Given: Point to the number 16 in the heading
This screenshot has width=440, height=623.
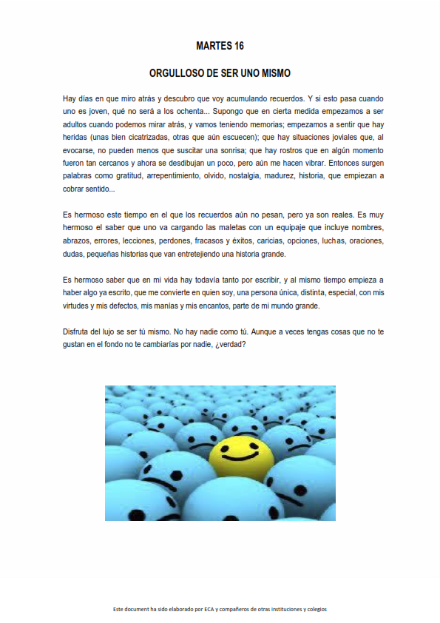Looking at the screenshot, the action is [238, 46].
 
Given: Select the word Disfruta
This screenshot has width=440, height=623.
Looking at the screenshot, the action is [78, 331].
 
